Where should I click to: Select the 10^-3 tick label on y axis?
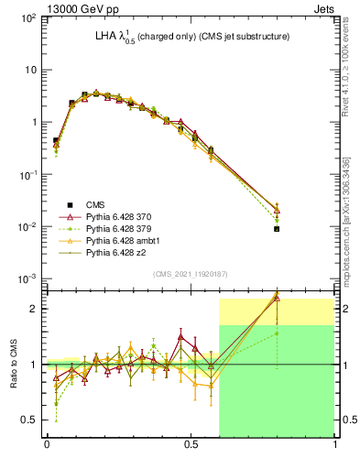(28, 278)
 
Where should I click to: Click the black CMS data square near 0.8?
(277, 229)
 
